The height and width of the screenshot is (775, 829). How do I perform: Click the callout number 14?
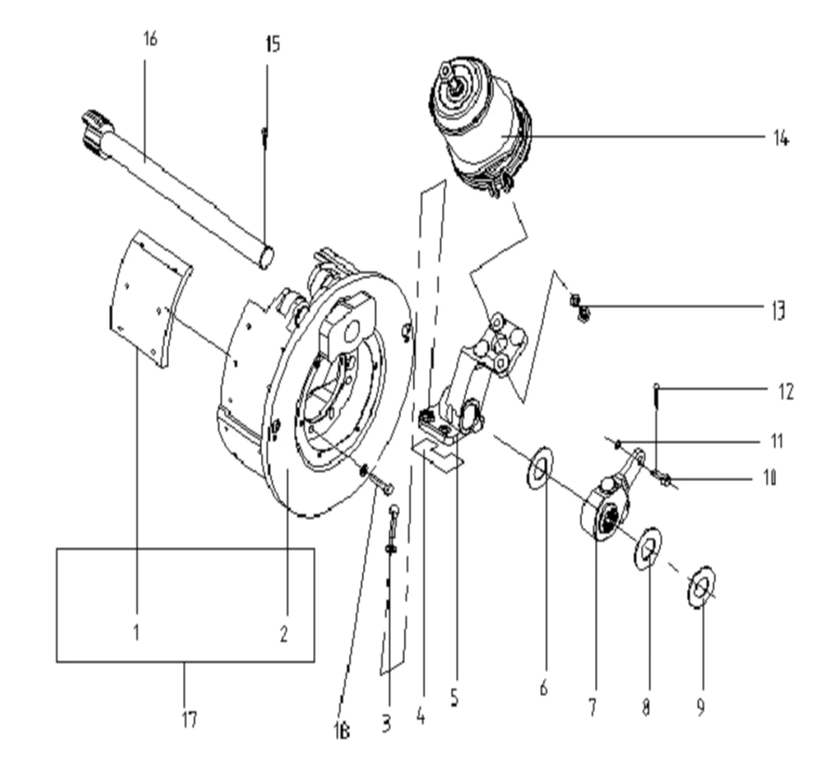coord(781,138)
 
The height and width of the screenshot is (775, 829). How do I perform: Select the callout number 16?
coord(150,39)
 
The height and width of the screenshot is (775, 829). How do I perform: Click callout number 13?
coord(779,311)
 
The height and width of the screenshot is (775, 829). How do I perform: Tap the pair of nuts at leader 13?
coord(580,307)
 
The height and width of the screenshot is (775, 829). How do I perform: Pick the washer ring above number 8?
coord(648,549)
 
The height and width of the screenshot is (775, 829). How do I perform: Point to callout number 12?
coord(786,392)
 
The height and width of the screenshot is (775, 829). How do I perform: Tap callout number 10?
coord(769,478)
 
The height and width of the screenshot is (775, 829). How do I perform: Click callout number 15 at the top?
coord(273,44)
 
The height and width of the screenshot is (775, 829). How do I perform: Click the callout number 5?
coord(454,698)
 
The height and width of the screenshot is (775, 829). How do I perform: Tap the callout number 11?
coord(777,441)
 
